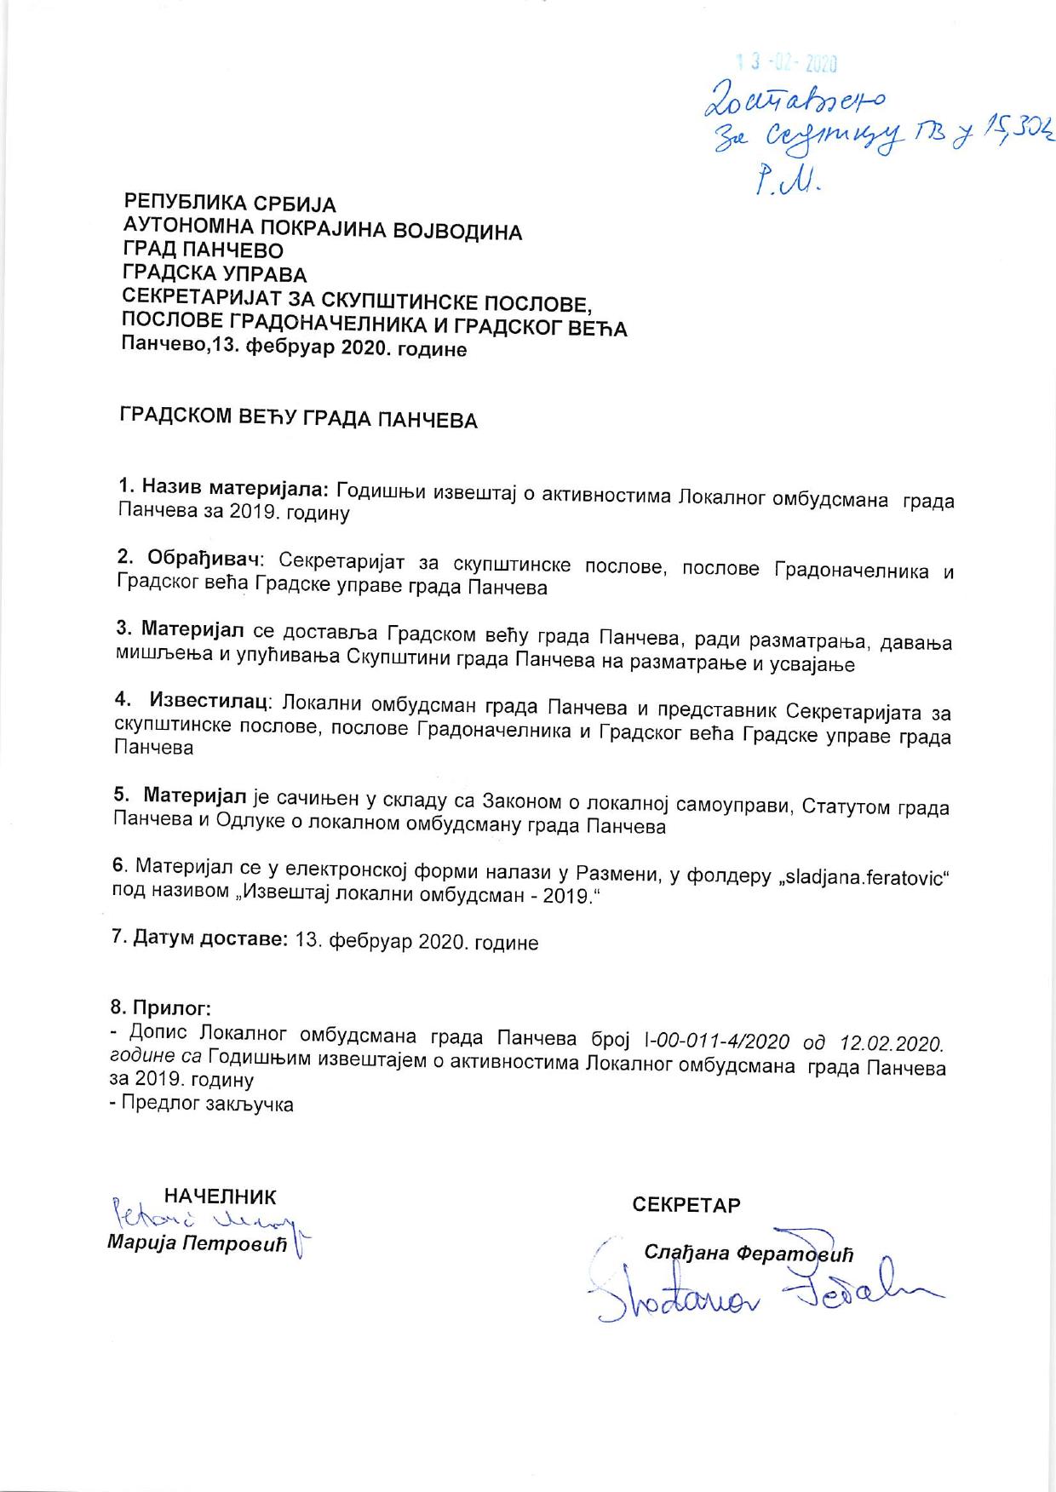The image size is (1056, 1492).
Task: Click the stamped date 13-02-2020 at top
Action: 787,63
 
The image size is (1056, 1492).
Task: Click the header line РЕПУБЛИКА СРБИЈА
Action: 230,204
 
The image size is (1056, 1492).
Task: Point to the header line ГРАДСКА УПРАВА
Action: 215,274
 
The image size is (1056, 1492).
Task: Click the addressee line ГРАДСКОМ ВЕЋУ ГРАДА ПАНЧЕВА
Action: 297,419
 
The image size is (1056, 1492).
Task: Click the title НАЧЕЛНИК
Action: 220,1196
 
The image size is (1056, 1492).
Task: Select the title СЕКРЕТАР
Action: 686,1205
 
